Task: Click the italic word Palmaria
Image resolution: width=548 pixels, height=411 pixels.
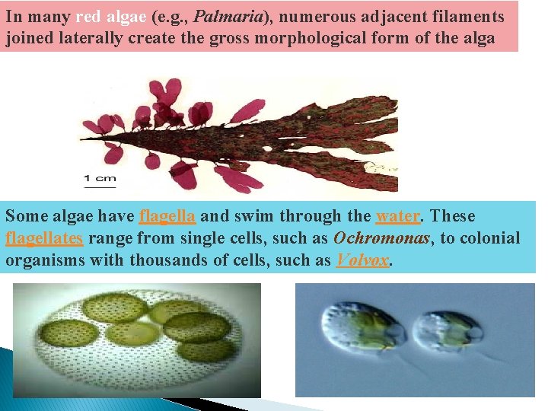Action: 228,18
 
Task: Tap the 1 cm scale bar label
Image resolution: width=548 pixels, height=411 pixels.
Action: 100,179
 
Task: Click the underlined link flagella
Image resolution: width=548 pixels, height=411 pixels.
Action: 168,216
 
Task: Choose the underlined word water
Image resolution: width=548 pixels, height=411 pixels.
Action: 397,216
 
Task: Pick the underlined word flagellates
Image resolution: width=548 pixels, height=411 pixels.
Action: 44,238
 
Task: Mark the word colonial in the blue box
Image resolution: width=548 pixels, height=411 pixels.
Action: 489,238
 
